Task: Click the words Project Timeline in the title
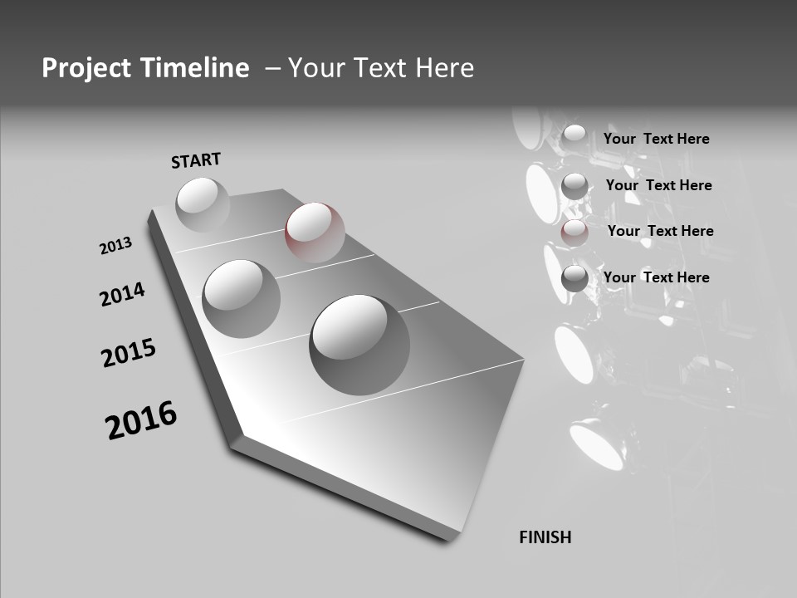pyautogui.click(x=145, y=68)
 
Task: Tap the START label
pyautogui.click(x=196, y=160)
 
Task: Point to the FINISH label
pyautogui.click(x=545, y=537)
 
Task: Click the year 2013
pyautogui.click(x=115, y=246)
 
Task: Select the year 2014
pyautogui.click(x=122, y=294)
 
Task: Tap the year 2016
pyautogui.click(x=141, y=420)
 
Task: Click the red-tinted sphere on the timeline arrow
pyautogui.click(x=315, y=232)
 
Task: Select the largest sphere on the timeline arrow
pyautogui.click(x=359, y=343)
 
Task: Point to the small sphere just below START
pyautogui.click(x=203, y=204)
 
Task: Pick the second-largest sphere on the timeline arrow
pyautogui.click(x=241, y=298)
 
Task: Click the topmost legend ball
pyautogui.click(x=575, y=135)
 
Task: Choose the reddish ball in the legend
pyautogui.click(x=575, y=233)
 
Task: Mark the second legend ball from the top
pyautogui.click(x=575, y=186)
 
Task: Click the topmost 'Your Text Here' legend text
pyautogui.click(x=656, y=139)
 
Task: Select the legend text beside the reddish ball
pyautogui.click(x=660, y=231)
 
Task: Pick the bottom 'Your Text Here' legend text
pyautogui.click(x=656, y=277)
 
